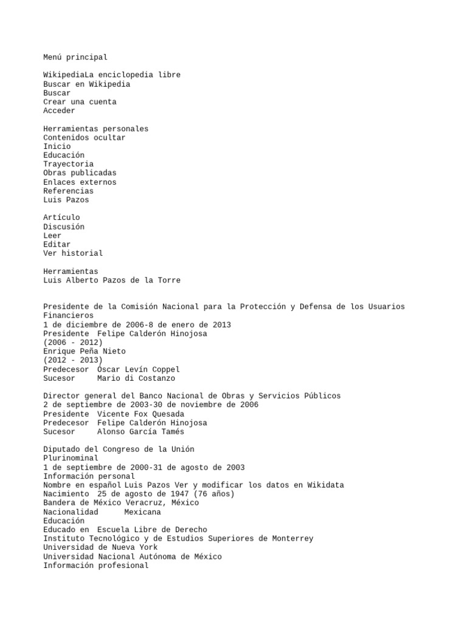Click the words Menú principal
[x=75, y=57]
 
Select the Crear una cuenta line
[x=80, y=102]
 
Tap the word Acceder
[x=59, y=111]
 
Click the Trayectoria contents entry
[x=68, y=164]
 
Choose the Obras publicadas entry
[x=80, y=173]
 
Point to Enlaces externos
[x=80, y=182]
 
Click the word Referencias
[x=68, y=191]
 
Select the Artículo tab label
[x=61, y=217]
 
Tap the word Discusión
[x=64, y=227]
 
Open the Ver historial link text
[x=73, y=253]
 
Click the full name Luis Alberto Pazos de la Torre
[x=112, y=280]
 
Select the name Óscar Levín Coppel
[x=139, y=369]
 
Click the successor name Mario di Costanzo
[x=136, y=378]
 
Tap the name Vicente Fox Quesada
[x=140, y=414]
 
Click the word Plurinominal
[x=71, y=458]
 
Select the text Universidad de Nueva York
[x=100, y=547]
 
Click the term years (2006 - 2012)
[x=73, y=343]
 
